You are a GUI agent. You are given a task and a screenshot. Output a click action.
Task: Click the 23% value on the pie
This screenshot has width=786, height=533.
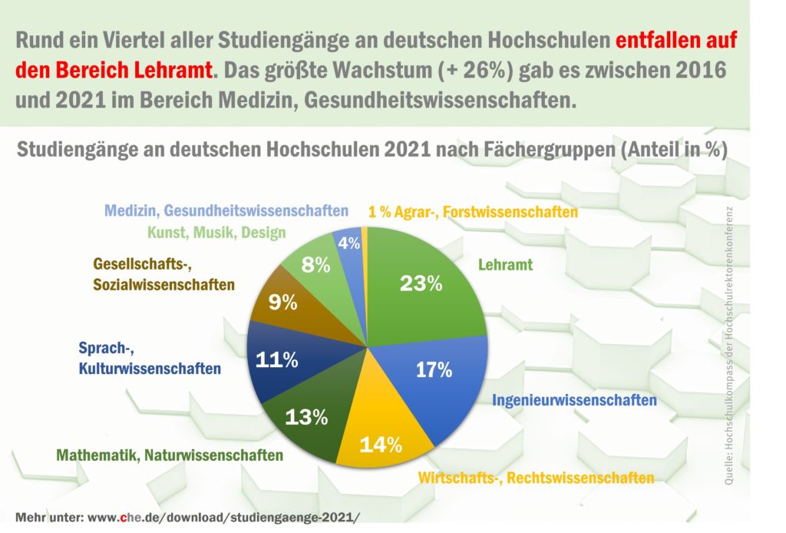(x=421, y=283)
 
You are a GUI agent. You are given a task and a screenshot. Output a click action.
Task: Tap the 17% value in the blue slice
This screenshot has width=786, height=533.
(x=434, y=370)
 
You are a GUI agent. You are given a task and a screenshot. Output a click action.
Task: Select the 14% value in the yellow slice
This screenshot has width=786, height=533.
(x=381, y=444)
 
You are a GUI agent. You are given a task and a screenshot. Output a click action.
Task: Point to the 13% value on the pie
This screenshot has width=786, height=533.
(x=306, y=418)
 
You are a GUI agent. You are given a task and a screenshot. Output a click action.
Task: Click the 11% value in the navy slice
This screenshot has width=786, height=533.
(x=276, y=359)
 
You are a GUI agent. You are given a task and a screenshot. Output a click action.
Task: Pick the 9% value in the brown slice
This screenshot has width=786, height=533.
(x=283, y=303)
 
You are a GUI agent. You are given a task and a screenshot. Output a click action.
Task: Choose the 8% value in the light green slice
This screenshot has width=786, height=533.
(x=316, y=266)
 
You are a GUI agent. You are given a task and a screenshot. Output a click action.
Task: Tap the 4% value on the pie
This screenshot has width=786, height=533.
(x=349, y=243)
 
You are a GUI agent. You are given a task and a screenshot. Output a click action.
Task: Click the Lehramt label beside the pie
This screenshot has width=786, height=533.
(x=505, y=266)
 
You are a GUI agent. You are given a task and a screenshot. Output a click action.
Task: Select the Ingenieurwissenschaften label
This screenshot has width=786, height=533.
(x=574, y=401)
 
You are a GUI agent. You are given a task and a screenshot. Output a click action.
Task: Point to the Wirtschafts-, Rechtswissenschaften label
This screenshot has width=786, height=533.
(x=536, y=478)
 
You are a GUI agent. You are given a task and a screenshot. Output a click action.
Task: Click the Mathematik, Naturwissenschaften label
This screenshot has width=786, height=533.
(x=170, y=455)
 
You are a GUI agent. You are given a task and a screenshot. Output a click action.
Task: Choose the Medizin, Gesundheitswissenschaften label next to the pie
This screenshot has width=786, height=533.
(x=226, y=210)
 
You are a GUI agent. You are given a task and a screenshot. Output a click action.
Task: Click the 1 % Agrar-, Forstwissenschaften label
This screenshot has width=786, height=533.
(x=473, y=212)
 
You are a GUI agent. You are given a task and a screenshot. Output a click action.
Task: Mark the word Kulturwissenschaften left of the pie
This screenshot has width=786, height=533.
(x=150, y=369)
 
